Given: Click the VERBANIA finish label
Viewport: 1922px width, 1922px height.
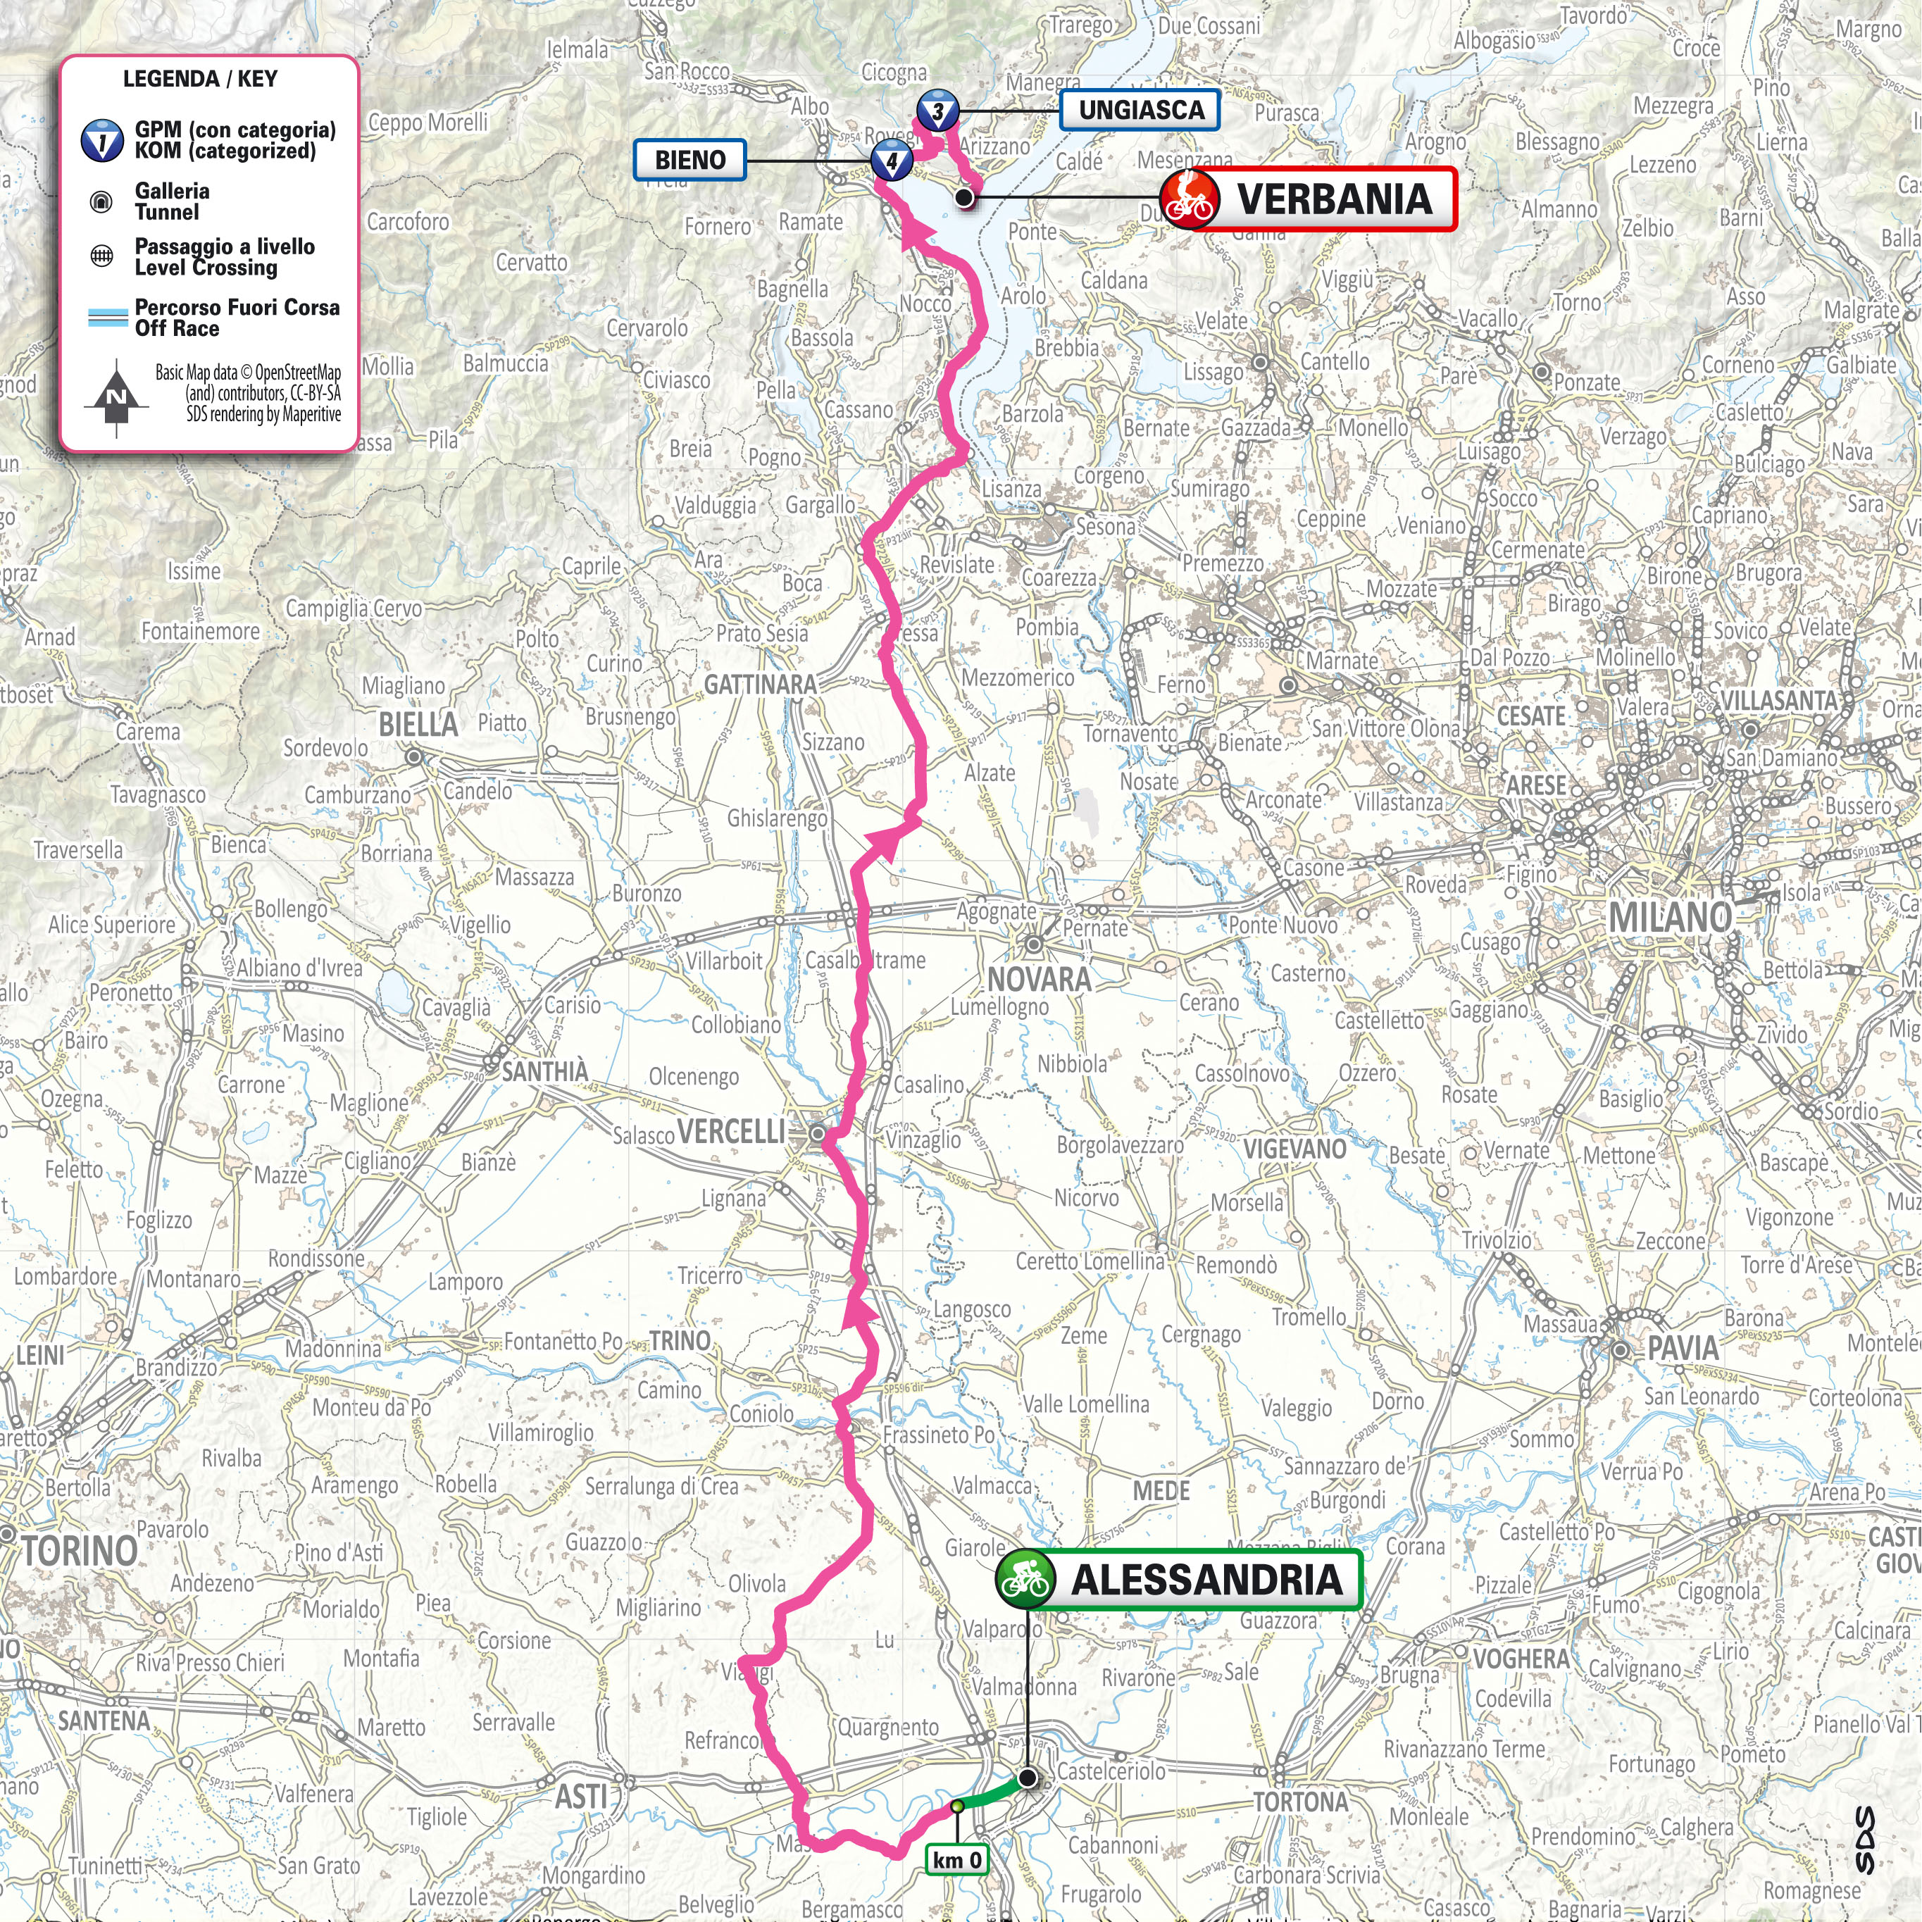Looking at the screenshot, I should [1333, 199].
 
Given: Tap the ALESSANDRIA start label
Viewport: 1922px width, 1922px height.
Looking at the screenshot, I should [1205, 1579].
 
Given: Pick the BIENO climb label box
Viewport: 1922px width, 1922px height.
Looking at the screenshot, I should [689, 159].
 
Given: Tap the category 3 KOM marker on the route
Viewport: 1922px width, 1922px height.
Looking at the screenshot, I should [937, 111].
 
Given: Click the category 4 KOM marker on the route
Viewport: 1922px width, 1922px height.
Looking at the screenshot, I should [892, 159].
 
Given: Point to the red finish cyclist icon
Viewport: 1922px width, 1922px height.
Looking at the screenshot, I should [1190, 199].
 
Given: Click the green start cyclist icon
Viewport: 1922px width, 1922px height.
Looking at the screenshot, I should [1025, 1579].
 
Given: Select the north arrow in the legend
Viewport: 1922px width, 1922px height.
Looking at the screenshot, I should [116, 398].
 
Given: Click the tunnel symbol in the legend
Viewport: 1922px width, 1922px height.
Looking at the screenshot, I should [101, 202].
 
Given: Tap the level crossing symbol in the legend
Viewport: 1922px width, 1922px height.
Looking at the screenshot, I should [101, 256].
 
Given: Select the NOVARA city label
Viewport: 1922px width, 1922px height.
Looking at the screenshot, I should [1039, 979].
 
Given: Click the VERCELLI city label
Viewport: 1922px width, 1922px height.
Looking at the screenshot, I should [731, 1131].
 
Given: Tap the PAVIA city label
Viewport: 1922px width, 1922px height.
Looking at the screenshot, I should [1683, 1348].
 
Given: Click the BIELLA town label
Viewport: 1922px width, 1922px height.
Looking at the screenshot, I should [418, 724].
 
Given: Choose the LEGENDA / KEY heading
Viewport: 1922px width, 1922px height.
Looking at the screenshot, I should [200, 80].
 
